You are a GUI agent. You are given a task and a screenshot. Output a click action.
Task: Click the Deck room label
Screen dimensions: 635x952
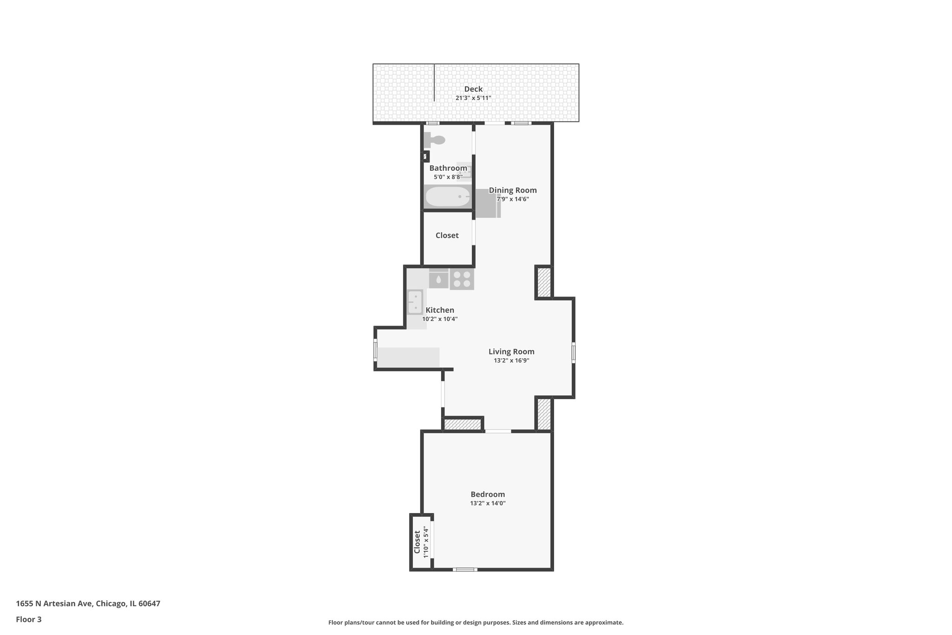[473, 89]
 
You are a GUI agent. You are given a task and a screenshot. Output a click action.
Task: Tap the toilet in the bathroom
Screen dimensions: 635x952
[435, 140]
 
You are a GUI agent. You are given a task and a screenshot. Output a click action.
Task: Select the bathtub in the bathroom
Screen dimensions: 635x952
[448, 197]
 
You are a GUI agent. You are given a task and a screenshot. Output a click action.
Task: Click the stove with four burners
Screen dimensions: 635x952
[462, 279]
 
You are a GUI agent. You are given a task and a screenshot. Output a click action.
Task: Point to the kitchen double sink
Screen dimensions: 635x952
[415, 301]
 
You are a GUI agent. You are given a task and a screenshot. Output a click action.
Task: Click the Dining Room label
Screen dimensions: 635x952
[513, 190]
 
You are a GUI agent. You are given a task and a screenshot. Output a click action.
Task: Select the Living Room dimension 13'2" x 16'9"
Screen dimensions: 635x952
[511, 361]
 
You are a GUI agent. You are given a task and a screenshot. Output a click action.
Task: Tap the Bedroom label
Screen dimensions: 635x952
[488, 495]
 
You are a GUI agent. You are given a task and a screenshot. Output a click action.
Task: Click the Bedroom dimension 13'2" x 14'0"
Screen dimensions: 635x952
[488, 503]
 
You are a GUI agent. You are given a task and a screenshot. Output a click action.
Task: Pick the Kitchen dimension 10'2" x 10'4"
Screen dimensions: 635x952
[440, 319]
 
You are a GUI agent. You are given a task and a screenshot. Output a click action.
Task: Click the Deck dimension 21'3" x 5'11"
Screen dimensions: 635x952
[473, 98]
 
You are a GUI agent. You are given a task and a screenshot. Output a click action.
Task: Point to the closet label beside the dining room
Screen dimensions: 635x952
[447, 235]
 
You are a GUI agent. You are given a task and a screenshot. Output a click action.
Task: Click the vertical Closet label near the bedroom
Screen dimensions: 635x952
[417, 542]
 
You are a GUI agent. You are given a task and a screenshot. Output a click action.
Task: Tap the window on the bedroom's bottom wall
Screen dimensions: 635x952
[465, 569]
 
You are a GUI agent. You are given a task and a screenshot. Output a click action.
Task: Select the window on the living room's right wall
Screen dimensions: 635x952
[573, 352]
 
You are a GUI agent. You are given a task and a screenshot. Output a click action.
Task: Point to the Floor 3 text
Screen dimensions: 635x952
[29, 619]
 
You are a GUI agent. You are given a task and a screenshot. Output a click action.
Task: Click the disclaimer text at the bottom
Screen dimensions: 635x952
[476, 622]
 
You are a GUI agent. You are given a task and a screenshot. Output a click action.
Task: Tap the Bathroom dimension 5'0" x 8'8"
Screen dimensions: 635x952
[448, 177]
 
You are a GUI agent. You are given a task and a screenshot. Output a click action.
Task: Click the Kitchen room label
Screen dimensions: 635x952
[440, 310]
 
